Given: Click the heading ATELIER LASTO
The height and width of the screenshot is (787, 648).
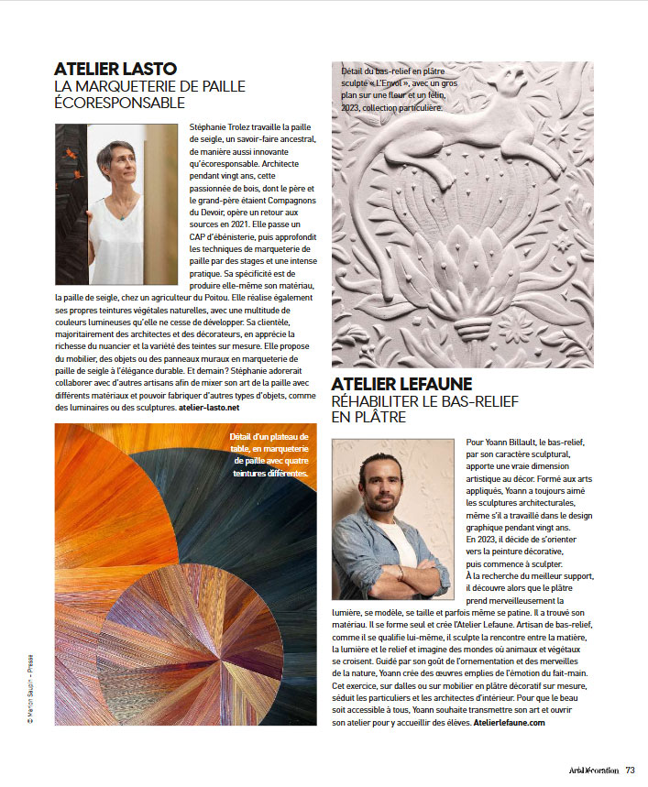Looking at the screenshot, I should (115, 68).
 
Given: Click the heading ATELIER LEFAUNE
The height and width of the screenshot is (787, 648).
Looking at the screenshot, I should (401, 384).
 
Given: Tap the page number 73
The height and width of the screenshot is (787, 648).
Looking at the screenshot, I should (631, 771).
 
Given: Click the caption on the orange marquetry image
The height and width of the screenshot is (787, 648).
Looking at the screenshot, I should (271, 455).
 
